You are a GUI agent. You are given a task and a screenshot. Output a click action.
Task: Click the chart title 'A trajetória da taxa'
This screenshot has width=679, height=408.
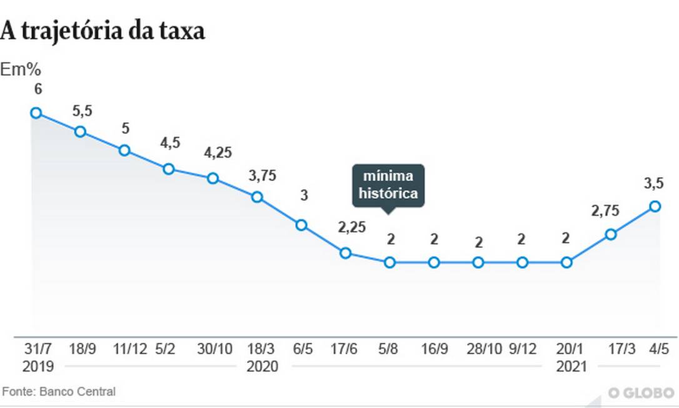pyautogui.click(x=103, y=31)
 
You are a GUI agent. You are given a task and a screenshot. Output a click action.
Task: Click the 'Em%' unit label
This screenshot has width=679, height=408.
pyautogui.click(x=20, y=69)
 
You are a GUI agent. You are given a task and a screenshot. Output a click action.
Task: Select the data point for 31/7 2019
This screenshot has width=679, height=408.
pyautogui.click(x=36, y=113)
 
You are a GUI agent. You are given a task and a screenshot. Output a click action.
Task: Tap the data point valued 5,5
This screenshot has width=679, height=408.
pyautogui.click(x=81, y=131)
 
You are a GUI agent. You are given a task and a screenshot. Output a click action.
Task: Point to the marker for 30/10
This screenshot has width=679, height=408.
pyautogui.click(x=213, y=178)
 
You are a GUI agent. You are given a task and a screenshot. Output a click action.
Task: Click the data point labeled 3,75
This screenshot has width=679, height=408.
pyautogui.click(x=257, y=196)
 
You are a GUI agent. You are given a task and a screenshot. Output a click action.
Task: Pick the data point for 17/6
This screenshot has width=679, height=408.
pyautogui.click(x=345, y=253)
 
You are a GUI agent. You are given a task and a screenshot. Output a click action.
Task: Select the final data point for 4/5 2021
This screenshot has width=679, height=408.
pyautogui.click(x=655, y=206)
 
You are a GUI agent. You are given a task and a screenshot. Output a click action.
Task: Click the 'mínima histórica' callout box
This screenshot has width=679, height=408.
pyautogui.click(x=388, y=185)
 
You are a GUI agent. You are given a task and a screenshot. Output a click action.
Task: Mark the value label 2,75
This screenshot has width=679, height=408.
pyautogui.click(x=606, y=211)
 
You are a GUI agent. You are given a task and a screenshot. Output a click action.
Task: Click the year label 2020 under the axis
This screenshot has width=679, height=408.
pyautogui.click(x=263, y=366)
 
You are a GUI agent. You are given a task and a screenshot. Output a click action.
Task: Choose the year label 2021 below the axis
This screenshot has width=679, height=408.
pyautogui.click(x=571, y=366)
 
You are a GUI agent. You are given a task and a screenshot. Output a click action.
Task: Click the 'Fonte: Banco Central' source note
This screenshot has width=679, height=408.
pyautogui.click(x=59, y=392)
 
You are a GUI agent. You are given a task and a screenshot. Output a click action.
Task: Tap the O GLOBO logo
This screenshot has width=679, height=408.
pyautogui.click(x=642, y=393)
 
